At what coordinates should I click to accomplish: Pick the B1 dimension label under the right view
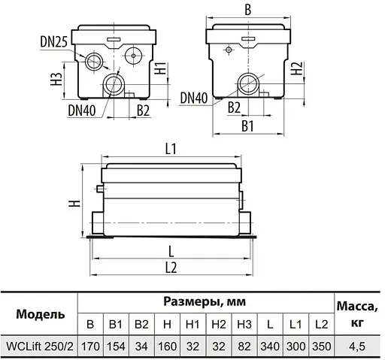tap(246, 126)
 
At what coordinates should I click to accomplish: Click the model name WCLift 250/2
tap(39, 346)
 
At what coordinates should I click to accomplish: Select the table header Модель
tap(39, 313)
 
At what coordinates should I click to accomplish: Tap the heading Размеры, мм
tap(205, 301)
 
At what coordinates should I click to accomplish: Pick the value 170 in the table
tap(90, 346)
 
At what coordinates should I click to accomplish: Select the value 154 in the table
tap(116, 346)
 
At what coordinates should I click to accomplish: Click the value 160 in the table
tap(167, 346)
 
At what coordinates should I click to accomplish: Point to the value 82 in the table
tap(243, 346)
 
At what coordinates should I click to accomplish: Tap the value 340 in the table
tap(268, 346)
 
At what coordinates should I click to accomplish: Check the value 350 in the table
tap(320, 346)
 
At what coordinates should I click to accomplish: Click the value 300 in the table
tap(295, 346)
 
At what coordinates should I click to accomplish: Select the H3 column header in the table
tap(243, 325)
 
